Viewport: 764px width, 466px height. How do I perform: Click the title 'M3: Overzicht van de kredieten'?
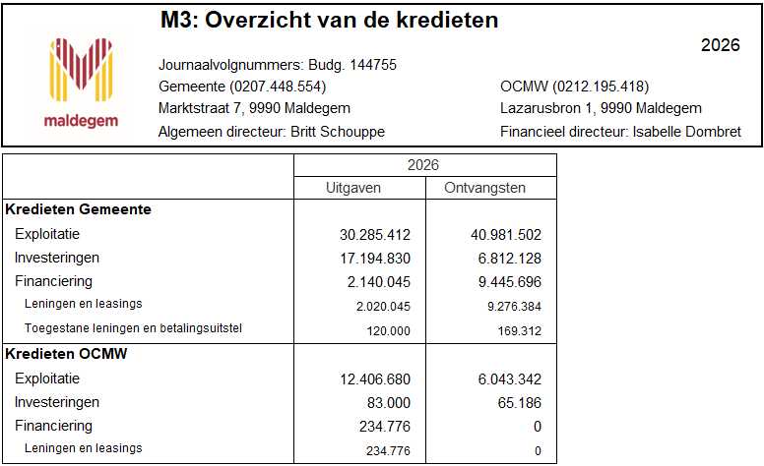pyautogui.click(x=328, y=21)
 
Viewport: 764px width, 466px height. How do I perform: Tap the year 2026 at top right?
pyautogui.click(x=720, y=45)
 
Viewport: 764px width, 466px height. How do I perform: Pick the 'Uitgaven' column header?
pyautogui.click(x=359, y=188)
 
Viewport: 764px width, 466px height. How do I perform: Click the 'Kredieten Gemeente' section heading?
pyautogui.click(x=78, y=210)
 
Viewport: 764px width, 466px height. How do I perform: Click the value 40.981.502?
pyautogui.click(x=506, y=235)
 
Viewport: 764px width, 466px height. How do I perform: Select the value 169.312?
pyautogui.click(x=520, y=330)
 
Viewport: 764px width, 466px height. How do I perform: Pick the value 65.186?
pyautogui.click(x=521, y=403)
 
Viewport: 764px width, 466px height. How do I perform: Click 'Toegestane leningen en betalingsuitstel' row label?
pyautogui.click(x=133, y=328)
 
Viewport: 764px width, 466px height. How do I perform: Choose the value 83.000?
pyautogui.click(x=387, y=403)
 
